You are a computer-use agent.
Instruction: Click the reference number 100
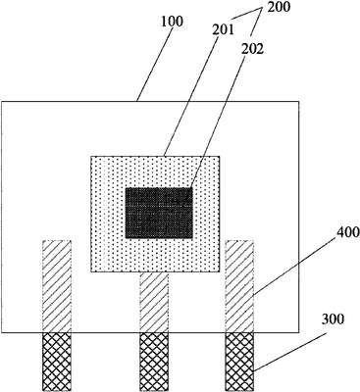click(x=172, y=22)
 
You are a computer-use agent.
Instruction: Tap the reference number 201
click(x=224, y=30)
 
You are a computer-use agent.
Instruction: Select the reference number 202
click(x=252, y=49)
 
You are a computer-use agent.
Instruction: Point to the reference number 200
click(x=279, y=7)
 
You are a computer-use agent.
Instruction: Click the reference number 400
click(x=348, y=232)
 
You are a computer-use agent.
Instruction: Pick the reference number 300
click(x=333, y=319)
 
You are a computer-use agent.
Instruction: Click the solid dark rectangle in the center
click(x=159, y=213)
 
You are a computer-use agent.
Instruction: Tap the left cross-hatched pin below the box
click(x=57, y=362)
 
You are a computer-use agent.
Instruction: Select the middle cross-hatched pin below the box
click(x=154, y=362)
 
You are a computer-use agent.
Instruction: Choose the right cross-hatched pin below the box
click(x=239, y=362)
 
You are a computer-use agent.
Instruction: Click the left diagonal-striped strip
click(x=57, y=286)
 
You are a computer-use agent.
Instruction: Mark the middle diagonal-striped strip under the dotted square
click(x=154, y=303)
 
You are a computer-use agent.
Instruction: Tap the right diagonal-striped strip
click(x=239, y=286)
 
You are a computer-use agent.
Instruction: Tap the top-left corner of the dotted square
click(x=91, y=156)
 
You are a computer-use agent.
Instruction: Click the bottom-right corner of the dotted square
click(x=220, y=272)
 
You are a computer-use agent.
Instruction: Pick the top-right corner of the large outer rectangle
click(x=299, y=102)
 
